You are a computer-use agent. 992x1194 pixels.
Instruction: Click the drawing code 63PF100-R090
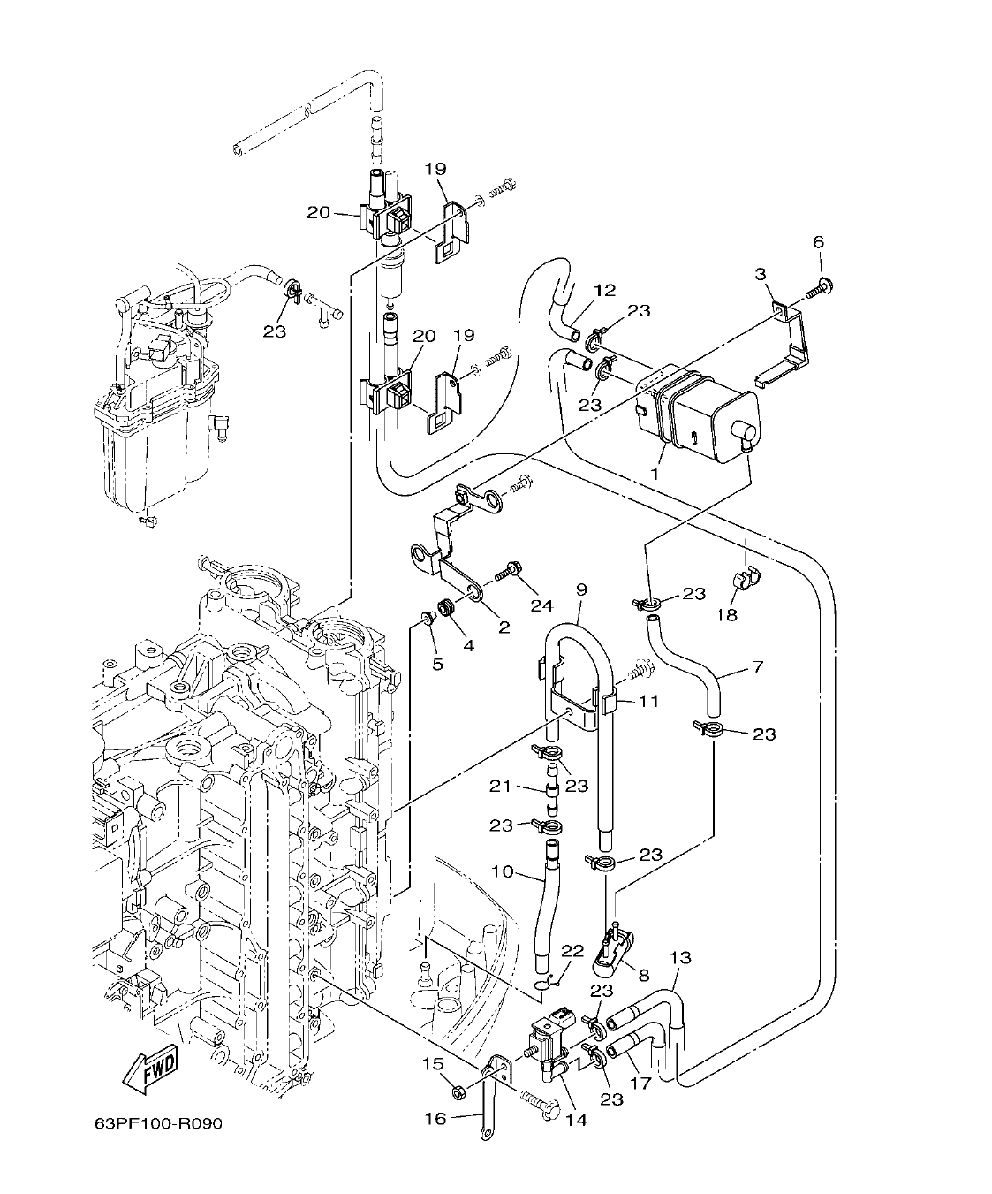pos(159,1123)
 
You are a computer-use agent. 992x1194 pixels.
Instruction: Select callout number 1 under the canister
pos(655,474)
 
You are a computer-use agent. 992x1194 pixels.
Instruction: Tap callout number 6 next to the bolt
pos(818,242)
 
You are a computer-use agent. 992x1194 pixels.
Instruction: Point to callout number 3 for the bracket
pos(759,275)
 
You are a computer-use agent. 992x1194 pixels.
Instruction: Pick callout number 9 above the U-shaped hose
pos(580,589)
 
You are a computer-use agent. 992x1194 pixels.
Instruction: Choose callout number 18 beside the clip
pos(726,614)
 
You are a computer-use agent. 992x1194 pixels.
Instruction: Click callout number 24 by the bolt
pos(541,605)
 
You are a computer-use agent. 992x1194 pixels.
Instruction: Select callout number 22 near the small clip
pos(572,950)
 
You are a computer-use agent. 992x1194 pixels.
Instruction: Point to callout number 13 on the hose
pos(680,958)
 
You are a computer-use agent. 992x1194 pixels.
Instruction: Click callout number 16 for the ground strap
pos(435,1118)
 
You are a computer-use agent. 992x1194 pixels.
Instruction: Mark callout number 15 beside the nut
pos(432,1064)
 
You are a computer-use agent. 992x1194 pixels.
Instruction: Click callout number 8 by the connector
pos(642,975)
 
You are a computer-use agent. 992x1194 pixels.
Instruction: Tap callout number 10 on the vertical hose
pos(503,872)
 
